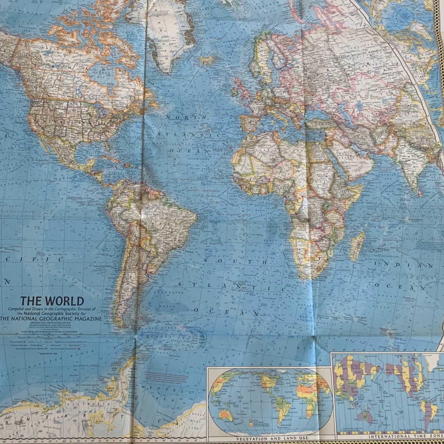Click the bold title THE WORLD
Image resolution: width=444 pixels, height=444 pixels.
[52, 301]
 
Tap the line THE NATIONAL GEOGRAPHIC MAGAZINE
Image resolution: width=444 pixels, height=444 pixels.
[51, 318]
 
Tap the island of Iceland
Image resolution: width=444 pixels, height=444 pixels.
[206, 60]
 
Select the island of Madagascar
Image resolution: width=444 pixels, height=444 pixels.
[356, 246]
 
